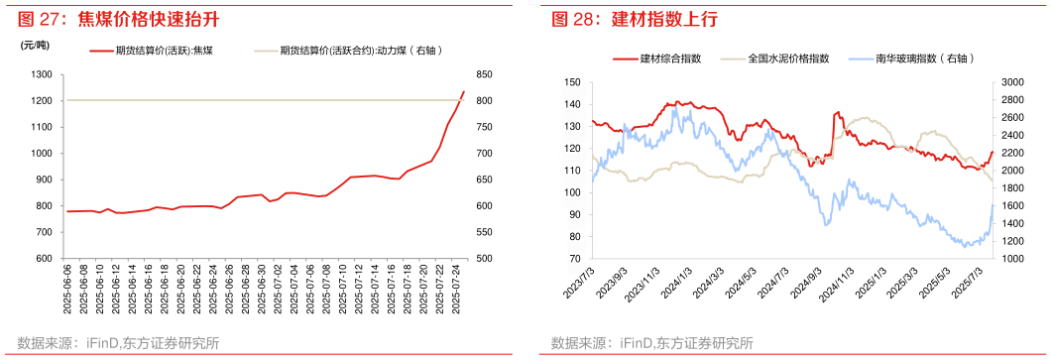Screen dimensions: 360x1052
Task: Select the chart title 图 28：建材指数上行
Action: pyautogui.click(x=635, y=18)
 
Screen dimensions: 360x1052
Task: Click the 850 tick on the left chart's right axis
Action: pyautogui.click(x=484, y=74)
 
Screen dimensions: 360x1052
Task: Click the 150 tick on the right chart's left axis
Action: pyautogui.click(x=570, y=82)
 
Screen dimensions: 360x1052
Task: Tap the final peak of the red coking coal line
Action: pyautogui.click(x=463, y=91)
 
